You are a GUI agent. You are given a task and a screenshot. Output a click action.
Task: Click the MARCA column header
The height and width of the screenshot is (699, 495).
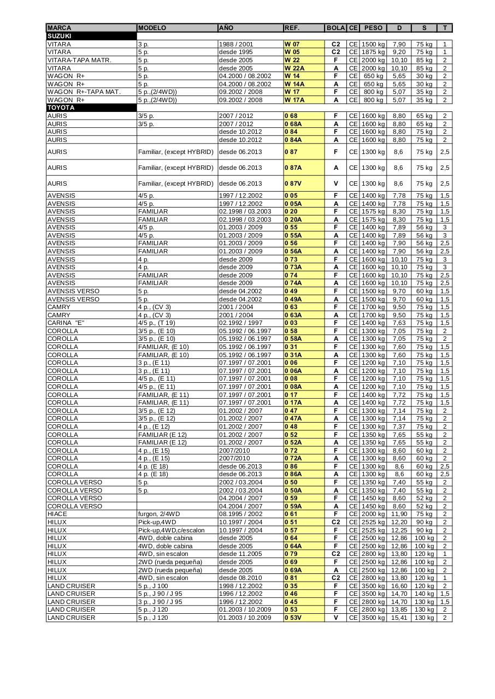(x=59, y=28)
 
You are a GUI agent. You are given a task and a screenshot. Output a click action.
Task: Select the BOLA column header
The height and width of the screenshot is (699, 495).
(x=335, y=28)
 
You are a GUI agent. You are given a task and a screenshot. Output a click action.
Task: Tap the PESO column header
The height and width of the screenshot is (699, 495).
(x=373, y=28)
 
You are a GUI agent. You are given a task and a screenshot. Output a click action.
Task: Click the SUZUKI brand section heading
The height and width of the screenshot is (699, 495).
(x=60, y=36)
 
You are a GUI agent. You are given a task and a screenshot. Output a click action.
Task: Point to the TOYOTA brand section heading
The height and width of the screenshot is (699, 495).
(x=61, y=108)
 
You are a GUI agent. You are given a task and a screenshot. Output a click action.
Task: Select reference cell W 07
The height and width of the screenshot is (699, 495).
(x=292, y=44)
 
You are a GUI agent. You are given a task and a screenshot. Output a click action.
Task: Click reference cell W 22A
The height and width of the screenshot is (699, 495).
(x=294, y=68)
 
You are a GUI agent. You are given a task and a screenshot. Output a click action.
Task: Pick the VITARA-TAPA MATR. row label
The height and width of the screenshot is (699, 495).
(x=79, y=60)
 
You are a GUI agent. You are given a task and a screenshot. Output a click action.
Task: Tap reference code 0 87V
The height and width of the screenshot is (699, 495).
(x=294, y=183)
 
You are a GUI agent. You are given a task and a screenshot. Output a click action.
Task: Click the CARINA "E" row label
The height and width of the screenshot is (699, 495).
(x=66, y=323)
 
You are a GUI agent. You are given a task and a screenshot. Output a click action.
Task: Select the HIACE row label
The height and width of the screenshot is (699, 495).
(x=57, y=514)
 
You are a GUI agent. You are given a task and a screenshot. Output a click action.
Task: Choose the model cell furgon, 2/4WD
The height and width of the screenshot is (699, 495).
(x=159, y=514)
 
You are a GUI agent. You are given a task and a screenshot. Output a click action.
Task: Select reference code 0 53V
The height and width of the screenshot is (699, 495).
(x=293, y=618)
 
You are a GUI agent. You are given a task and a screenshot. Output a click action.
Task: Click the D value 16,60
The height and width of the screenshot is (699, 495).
(x=399, y=586)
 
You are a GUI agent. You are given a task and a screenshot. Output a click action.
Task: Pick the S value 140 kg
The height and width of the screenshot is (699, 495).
(x=424, y=594)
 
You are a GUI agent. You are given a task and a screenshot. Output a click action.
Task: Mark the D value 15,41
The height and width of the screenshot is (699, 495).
(x=399, y=618)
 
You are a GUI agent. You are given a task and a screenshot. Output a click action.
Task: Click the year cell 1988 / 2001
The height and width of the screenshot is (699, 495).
(x=236, y=44)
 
